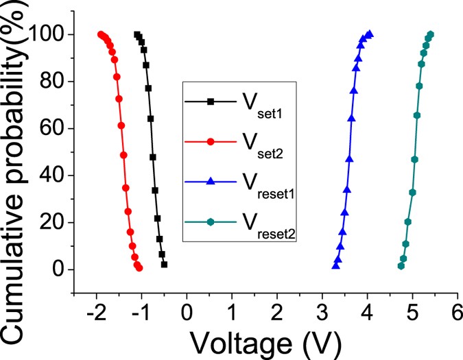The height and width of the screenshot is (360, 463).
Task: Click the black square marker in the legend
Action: point(211,102)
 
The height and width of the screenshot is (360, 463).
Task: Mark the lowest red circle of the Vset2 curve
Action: point(139,268)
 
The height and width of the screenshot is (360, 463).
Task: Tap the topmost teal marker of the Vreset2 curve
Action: point(431,34)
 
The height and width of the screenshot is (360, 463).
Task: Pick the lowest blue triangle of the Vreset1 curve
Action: point(335,265)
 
